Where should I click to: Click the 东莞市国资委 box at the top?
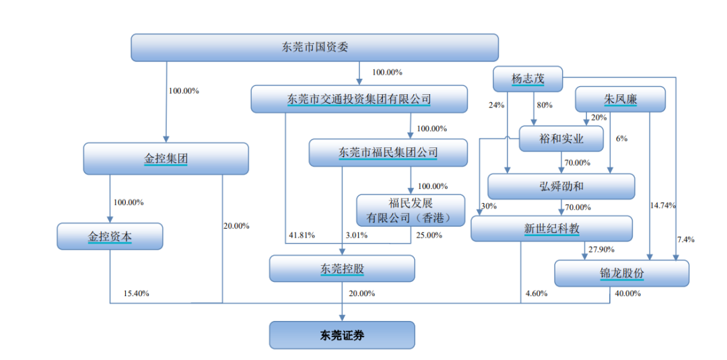point(314,47)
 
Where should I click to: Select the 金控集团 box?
point(166,158)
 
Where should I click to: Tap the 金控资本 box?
point(110,236)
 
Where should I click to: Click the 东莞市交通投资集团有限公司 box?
point(359,99)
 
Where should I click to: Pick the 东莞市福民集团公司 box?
point(388,153)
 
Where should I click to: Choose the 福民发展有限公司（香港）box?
point(411,211)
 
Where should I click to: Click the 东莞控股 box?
point(342,268)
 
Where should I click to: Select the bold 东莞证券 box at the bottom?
point(342,335)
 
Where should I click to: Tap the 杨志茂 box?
point(528,79)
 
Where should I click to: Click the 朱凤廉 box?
point(621,99)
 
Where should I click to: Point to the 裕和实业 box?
point(561,139)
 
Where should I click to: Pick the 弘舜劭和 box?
point(561,186)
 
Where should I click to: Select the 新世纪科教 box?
point(552,228)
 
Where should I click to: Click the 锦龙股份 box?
point(622,273)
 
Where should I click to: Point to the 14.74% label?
point(663,205)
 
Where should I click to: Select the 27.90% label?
point(601,250)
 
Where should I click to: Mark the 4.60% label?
point(536,293)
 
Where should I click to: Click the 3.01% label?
point(357,236)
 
